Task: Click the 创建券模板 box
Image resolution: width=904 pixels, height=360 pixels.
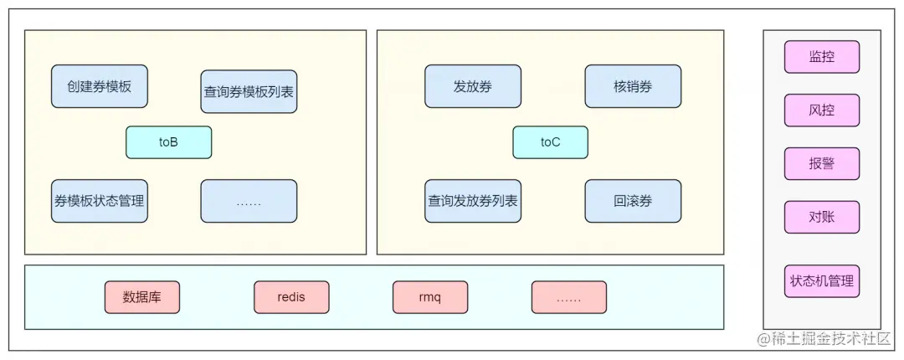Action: coord(99,86)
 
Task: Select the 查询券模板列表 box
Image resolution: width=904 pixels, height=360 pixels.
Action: coord(249,91)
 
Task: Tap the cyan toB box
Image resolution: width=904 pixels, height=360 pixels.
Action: coord(168,142)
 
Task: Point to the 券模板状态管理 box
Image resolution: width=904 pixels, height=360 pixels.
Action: coord(99,201)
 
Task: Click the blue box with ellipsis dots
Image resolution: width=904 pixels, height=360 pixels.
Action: coord(249,201)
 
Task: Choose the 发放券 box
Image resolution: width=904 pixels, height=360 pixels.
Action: coord(472,86)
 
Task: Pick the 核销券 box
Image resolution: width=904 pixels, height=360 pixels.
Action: coord(633,86)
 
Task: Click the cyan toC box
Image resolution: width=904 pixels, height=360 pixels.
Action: coord(550,142)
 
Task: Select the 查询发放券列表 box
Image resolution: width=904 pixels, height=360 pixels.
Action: coord(472,201)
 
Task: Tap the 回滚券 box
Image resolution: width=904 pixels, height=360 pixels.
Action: coord(633,201)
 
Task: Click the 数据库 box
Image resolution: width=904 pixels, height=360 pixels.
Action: coord(142,297)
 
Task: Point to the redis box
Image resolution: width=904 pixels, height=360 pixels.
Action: coord(291,297)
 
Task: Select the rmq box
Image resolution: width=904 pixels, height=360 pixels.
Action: coord(429,297)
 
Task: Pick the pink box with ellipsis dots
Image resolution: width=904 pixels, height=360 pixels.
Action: coord(568,297)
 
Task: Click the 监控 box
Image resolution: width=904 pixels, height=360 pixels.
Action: coord(821,57)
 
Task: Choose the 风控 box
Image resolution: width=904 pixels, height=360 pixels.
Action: coord(821,110)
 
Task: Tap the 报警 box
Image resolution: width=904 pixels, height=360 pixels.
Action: coord(821,163)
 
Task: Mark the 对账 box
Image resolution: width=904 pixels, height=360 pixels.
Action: coord(821,217)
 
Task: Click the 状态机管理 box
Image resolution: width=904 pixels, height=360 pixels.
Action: coord(821,281)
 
